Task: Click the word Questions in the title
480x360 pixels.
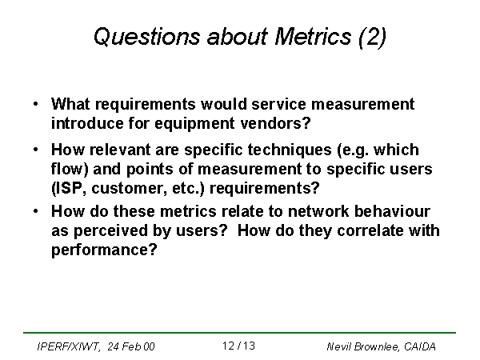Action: pos(146,37)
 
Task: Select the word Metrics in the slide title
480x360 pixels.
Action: pos(313,37)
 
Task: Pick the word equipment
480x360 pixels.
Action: pos(194,124)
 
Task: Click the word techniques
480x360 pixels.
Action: pos(290,150)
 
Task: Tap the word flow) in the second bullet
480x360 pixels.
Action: pos(70,169)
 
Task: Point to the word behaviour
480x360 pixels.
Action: pos(392,211)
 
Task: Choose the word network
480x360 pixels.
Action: pos(318,211)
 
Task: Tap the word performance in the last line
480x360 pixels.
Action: pos(104,250)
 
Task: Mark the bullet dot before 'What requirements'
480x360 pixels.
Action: pos(36,104)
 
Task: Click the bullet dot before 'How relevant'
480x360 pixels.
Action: pos(36,150)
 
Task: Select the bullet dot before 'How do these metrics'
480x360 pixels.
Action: pos(36,211)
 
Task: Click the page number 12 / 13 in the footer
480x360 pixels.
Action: pos(238,346)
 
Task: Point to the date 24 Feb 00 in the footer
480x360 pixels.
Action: pos(131,346)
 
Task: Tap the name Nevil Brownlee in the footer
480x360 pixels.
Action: pos(363,347)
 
